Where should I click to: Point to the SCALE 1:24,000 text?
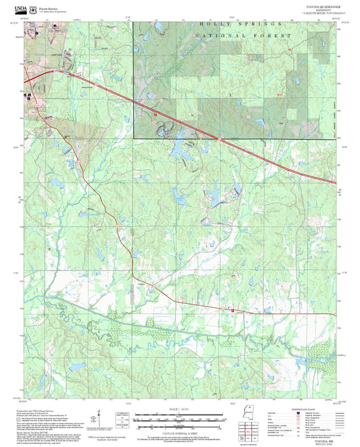click(179, 409)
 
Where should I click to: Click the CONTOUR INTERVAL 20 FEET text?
click(179, 429)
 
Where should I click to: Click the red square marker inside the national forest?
click(155, 115)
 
